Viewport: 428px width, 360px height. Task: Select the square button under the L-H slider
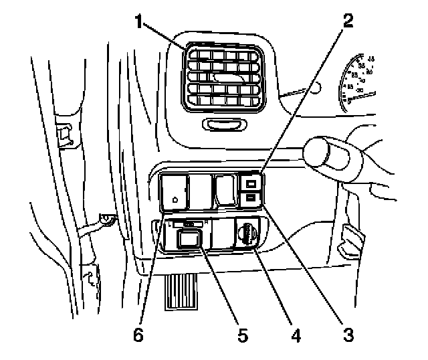(188, 238)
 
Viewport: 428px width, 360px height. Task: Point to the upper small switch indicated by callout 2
(250, 183)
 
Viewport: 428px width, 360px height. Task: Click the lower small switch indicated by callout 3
(250, 197)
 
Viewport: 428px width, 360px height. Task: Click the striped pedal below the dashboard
(181, 292)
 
